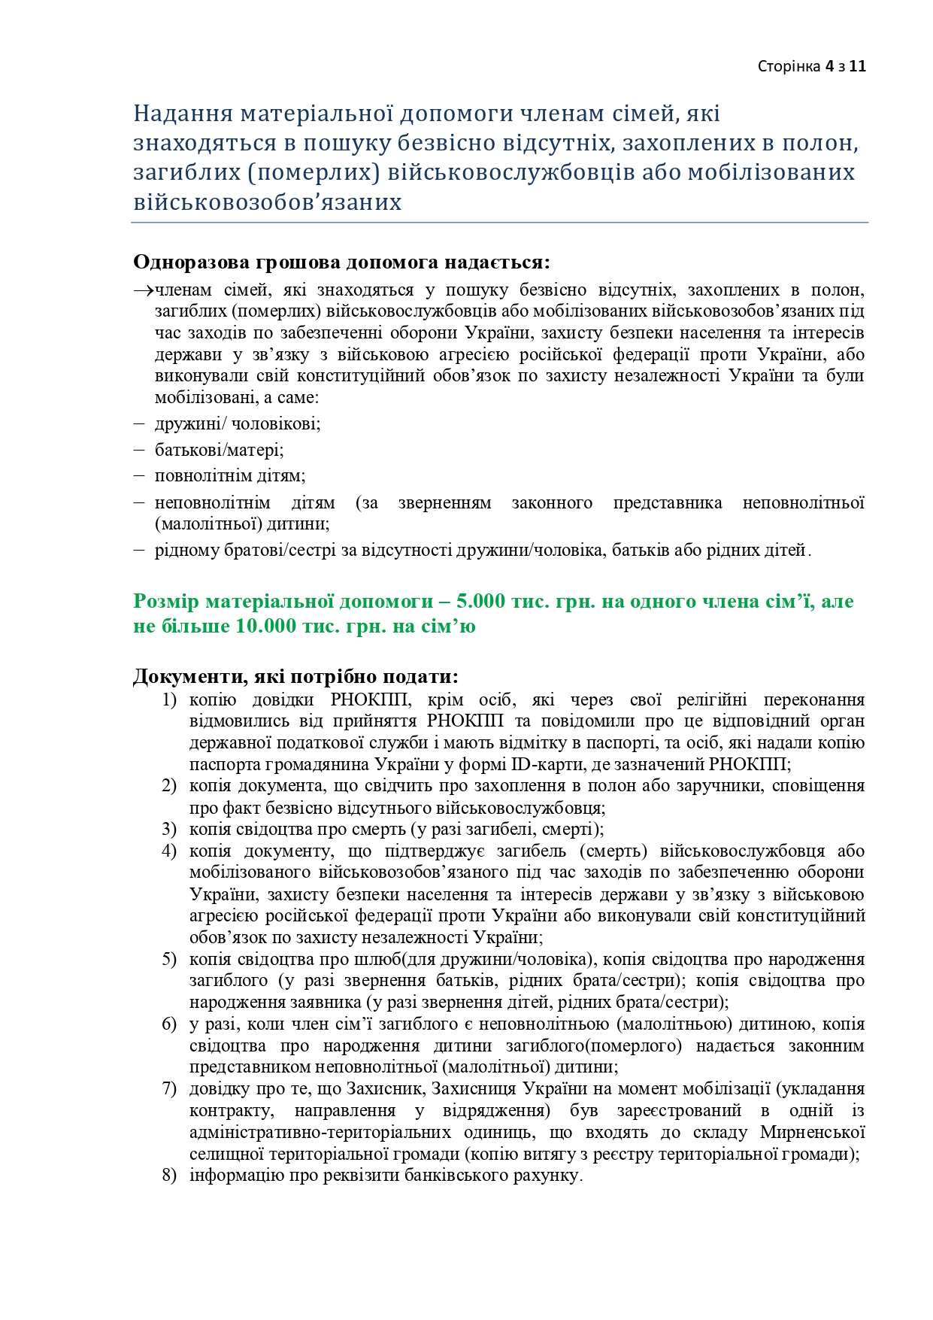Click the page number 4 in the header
[828, 66]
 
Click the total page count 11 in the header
[858, 66]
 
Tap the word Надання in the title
[181, 114]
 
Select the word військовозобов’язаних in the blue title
[267, 202]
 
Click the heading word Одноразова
[192, 262]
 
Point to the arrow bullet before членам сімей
[143, 290]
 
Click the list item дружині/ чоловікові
[238, 423]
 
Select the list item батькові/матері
[219, 450]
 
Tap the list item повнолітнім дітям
[230, 476]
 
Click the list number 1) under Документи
[169, 700]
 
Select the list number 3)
[169, 830]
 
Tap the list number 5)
[169, 960]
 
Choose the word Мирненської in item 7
[812, 1133]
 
